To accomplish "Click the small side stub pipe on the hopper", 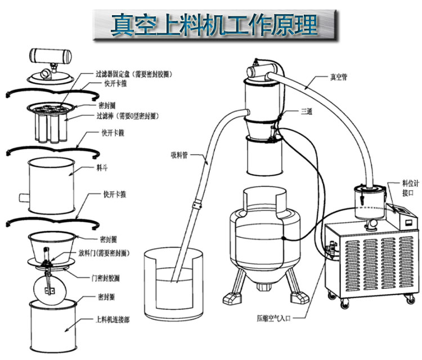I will [x=24, y=198].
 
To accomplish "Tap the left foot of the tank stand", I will [x=228, y=295].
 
